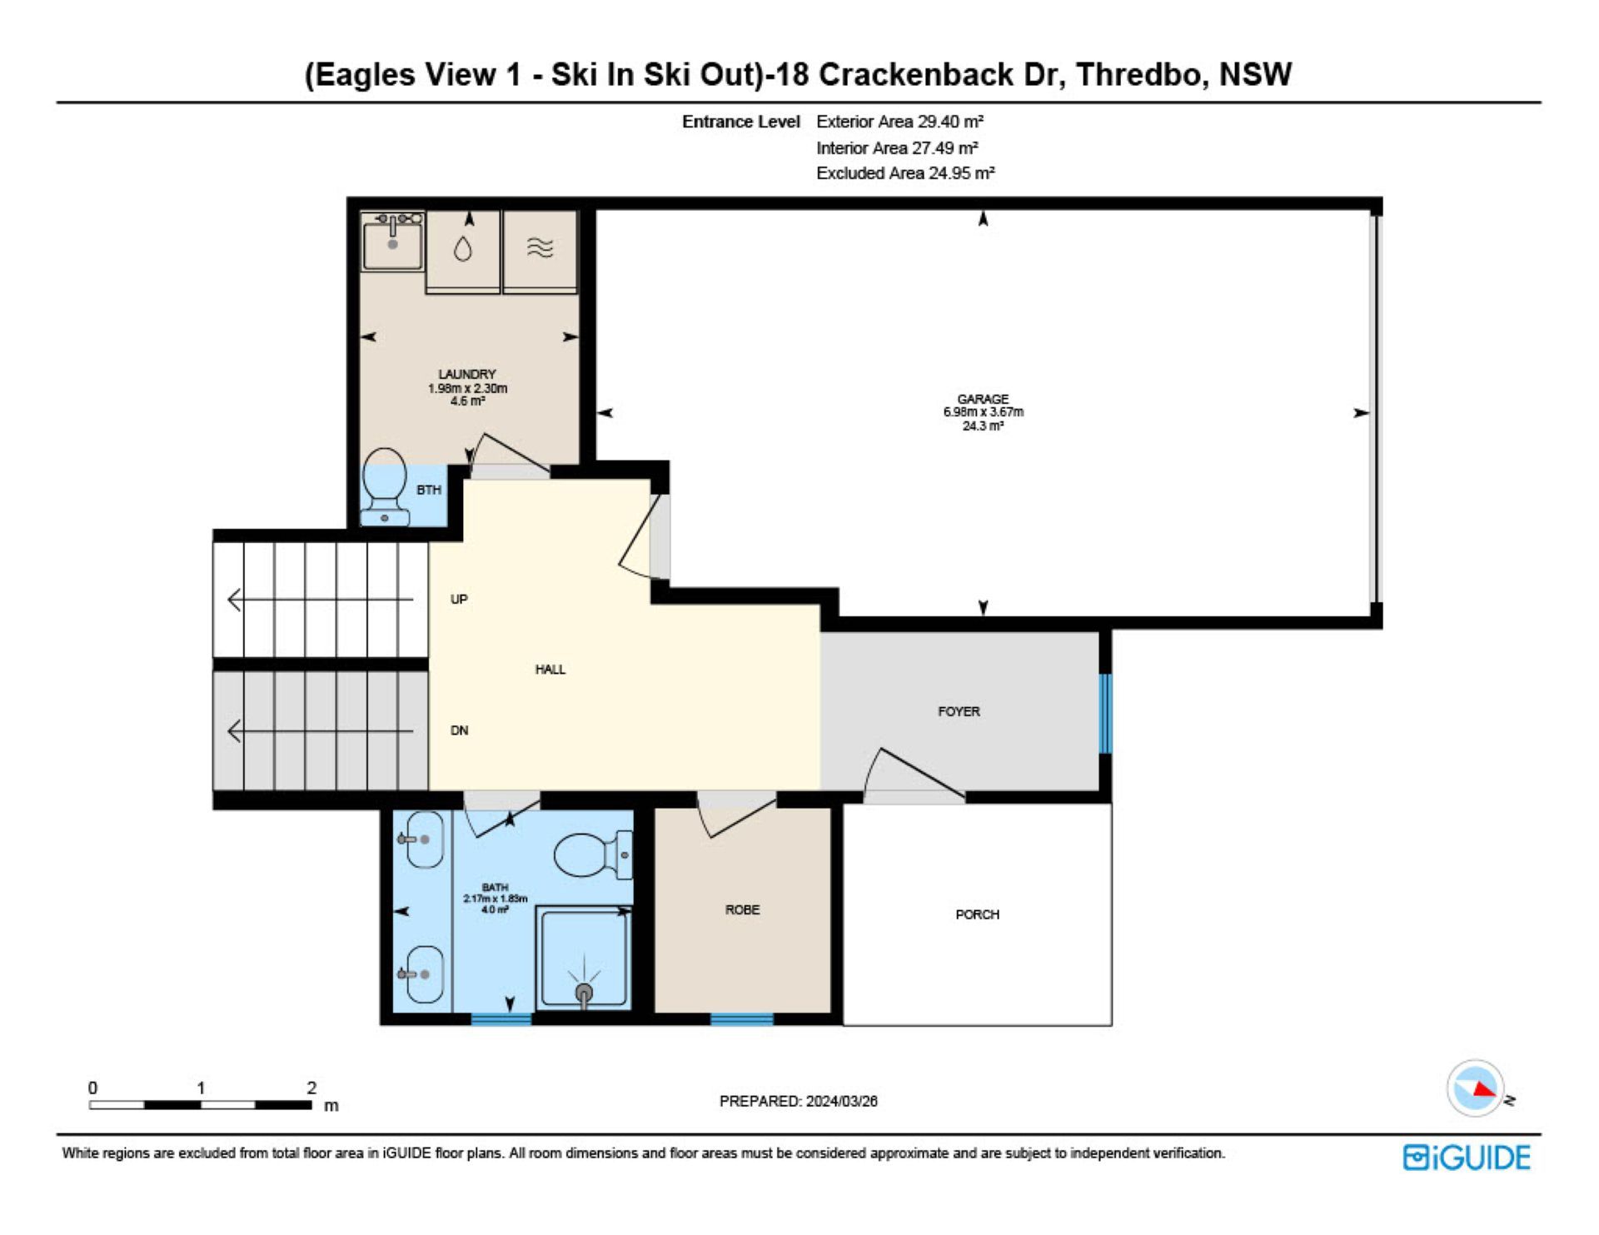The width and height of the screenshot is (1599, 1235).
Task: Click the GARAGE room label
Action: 983,399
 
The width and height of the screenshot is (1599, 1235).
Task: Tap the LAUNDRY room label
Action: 467,375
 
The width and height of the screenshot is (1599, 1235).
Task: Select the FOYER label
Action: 959,711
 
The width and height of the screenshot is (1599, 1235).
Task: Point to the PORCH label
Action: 977,914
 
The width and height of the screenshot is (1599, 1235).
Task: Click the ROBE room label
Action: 742,909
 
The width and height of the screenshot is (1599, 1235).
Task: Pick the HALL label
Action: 550,669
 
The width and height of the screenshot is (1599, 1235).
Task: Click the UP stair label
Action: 459,599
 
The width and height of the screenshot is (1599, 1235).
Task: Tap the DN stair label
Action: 459,730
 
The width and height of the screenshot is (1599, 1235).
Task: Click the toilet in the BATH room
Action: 593,854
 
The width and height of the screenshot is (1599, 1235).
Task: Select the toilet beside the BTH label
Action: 385,487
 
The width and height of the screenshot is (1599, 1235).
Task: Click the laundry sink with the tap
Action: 392,241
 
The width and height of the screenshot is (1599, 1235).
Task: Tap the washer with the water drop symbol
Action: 463,251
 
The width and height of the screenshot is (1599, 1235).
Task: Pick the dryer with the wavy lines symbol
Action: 540,251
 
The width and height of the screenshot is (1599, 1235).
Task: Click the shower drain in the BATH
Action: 584,993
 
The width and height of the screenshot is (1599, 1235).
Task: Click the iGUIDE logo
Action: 1467,1158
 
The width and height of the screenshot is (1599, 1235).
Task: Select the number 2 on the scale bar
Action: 311,1088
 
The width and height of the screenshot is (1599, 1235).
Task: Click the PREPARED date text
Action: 798,1101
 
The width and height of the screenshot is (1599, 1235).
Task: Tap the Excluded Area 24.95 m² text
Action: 905,173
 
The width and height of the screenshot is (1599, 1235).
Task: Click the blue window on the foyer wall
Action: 1105,714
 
